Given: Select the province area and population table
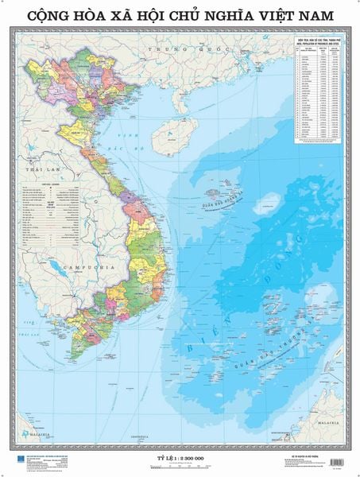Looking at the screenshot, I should (x=322, y=95).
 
